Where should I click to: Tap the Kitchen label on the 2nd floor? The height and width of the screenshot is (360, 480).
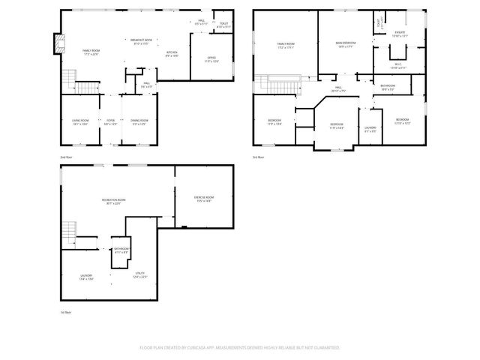click(172, 53)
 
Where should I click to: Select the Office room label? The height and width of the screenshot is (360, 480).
click(211, 59)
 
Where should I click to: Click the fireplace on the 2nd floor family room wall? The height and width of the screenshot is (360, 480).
click(56, 45)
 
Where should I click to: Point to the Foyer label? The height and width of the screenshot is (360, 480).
click(110, 121)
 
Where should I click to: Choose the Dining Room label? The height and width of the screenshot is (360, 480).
click(139, 121)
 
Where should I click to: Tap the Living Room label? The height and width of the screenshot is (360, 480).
click(80, 121)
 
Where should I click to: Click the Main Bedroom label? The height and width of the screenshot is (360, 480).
click(345, 45)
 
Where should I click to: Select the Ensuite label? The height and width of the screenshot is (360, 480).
click(400, 33)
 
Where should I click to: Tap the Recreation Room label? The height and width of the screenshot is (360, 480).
click(112, 201)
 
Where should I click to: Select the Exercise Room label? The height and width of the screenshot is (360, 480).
click(204, 199)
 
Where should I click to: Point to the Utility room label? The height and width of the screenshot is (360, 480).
click(139, 274)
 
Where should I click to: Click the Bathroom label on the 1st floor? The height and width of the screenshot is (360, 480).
click(121, 250)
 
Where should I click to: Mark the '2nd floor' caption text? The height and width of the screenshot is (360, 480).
click(66, 157)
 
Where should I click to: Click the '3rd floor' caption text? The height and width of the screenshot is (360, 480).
click(259, 157)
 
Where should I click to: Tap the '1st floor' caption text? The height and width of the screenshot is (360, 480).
click(66, 311)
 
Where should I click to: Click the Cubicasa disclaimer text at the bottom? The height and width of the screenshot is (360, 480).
click(240, 348)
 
